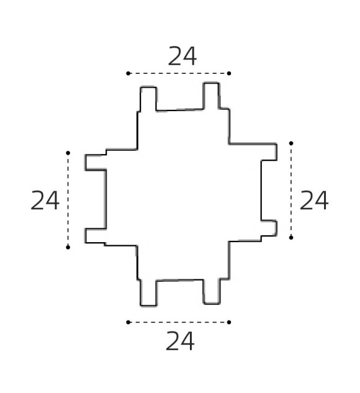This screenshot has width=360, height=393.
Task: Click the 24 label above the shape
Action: click(x=182, y=56)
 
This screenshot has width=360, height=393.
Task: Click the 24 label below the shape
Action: click(x=180, y=341)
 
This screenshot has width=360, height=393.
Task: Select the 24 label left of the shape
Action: click(x=45, y=201)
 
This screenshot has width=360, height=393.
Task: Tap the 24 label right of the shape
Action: click(x=314, y=201)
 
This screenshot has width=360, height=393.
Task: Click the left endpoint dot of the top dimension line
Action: click(x=128, y=73)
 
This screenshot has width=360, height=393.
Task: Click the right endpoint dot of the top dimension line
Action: click(x=229, y=73)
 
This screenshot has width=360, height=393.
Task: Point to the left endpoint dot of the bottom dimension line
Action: click(x=128, y=322)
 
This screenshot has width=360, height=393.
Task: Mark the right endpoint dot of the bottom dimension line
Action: click(x=229, y=322)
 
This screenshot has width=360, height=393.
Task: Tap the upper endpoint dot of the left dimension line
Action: click(x=68, y=153)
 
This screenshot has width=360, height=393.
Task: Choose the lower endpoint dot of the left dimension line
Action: click(x=68, y=247)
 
